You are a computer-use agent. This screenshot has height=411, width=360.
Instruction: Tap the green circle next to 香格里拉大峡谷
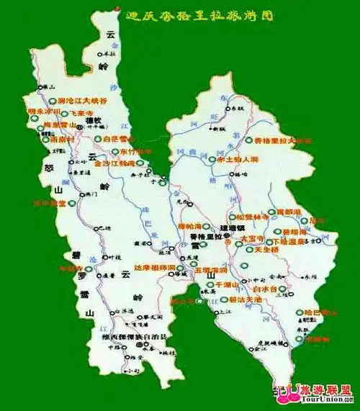248,140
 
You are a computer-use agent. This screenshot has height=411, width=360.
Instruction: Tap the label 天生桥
267,250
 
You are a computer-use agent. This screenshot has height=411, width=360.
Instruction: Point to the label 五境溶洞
211,270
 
